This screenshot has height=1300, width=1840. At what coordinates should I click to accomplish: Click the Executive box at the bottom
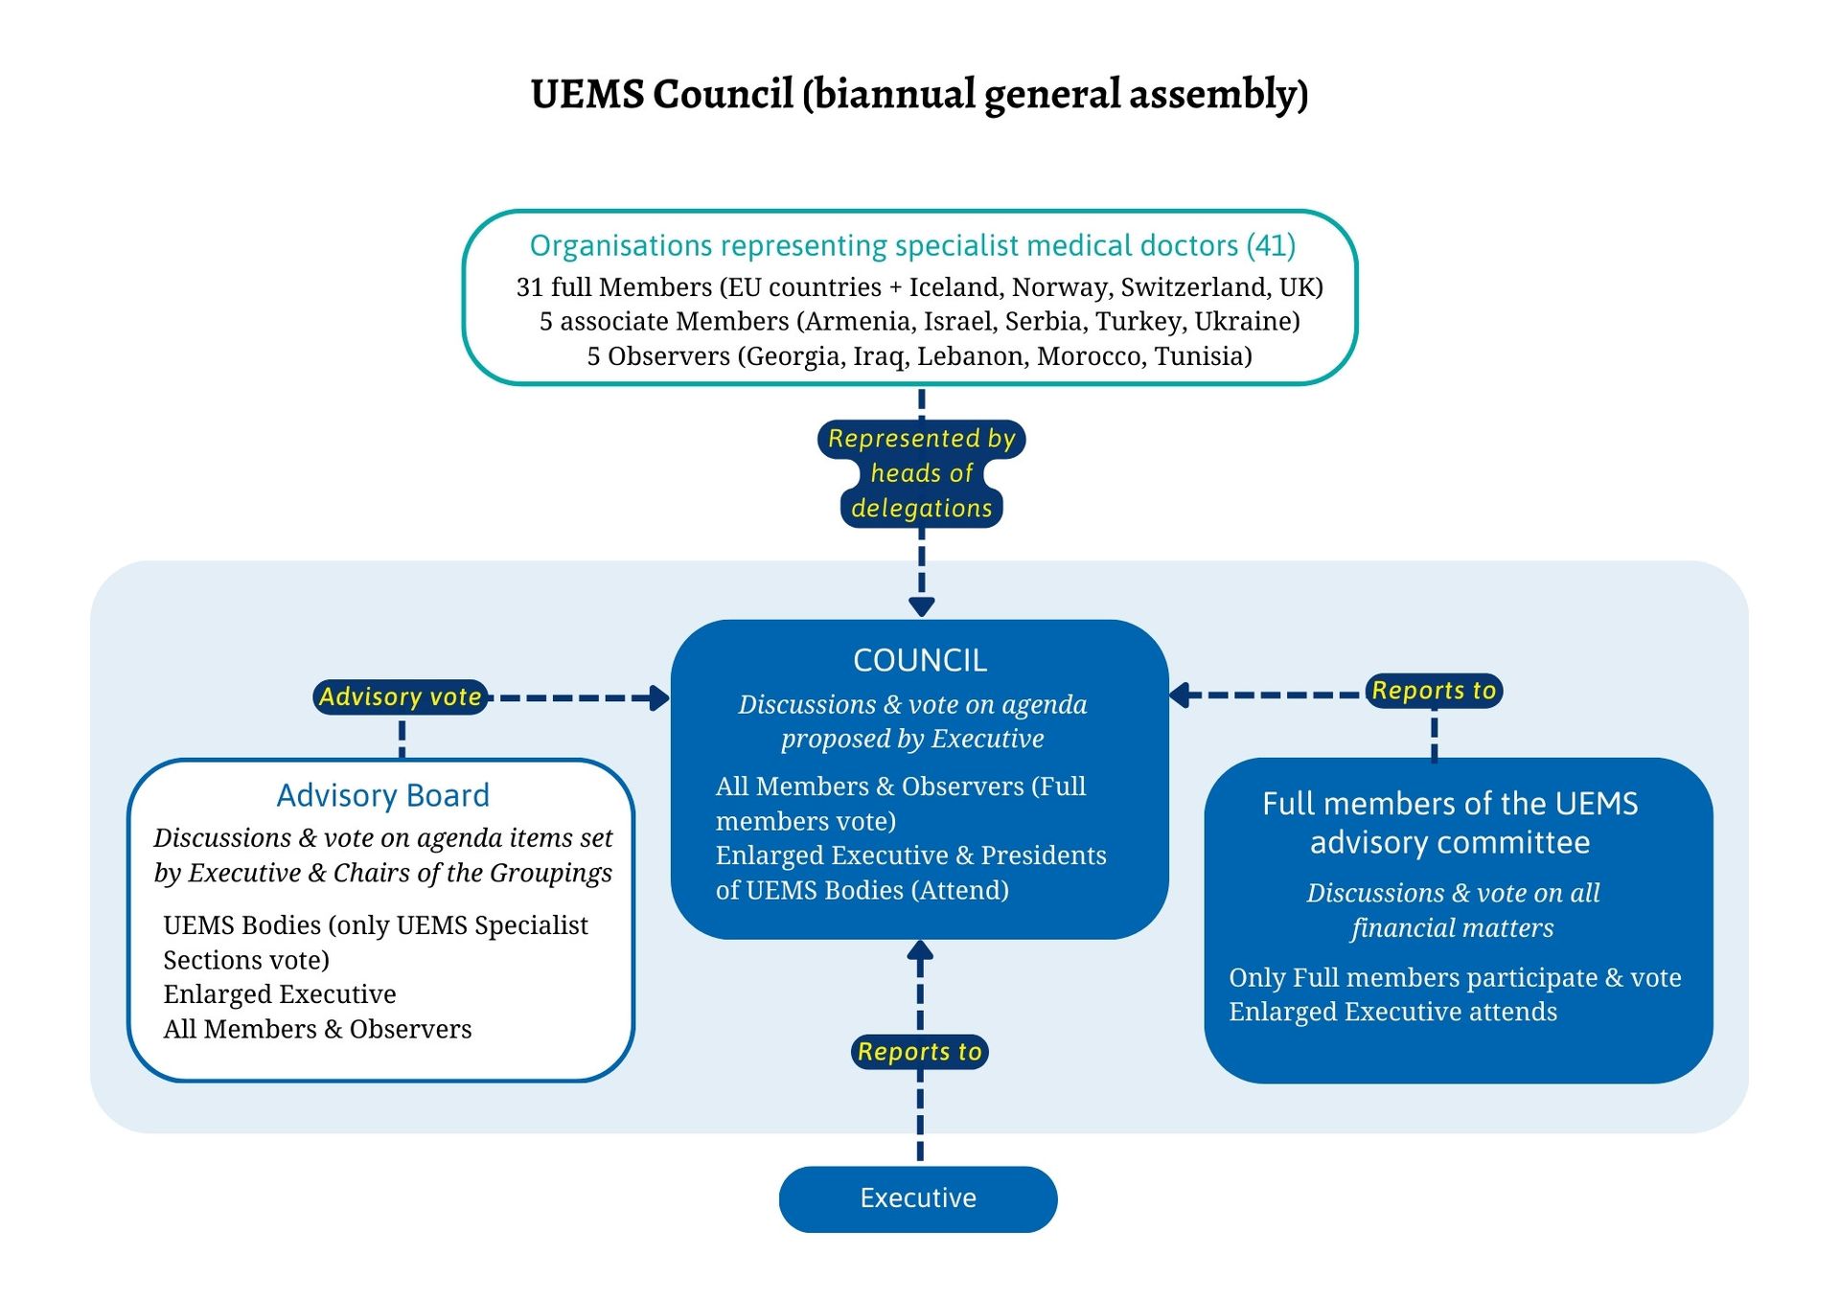917,1198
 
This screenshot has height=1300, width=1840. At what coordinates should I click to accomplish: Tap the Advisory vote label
400,696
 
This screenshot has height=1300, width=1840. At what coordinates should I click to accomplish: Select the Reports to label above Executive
919,1051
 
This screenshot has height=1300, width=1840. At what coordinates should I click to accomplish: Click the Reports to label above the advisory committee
1433,690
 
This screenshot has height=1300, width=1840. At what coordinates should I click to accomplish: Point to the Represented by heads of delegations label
921,473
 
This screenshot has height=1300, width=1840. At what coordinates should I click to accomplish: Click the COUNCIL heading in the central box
919,660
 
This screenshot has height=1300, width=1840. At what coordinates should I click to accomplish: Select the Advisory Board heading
382,795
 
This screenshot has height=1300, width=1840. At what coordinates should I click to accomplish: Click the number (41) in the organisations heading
1271,245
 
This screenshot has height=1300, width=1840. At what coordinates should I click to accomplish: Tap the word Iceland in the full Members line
954,287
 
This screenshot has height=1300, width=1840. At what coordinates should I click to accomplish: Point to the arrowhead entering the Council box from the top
921,607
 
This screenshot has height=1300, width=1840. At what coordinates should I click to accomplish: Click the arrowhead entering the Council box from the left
659,697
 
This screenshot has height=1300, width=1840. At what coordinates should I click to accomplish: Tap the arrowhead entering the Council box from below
920,950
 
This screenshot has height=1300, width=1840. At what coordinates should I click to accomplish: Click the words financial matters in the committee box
1452,927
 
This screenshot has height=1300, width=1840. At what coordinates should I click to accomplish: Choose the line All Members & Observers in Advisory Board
317,1029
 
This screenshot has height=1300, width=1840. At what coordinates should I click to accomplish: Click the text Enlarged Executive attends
1392,1012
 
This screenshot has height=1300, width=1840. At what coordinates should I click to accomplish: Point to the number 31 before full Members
530,287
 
